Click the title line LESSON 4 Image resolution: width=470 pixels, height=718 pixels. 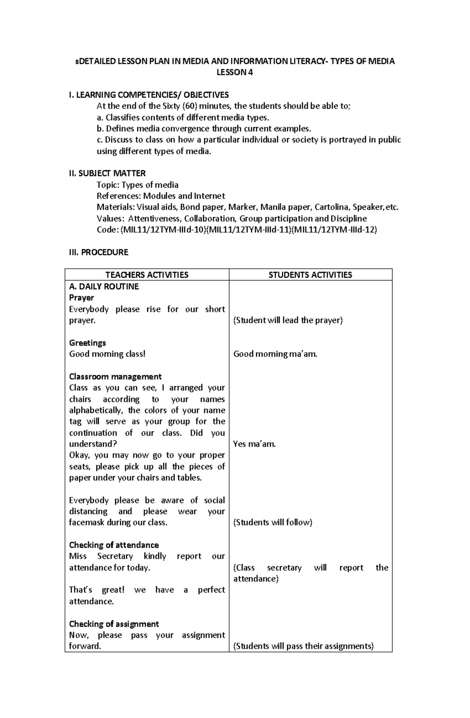[235, 72]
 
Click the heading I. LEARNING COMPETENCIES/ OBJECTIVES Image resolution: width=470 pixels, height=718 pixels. [149, 95]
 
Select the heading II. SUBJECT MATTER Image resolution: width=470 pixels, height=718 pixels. [107, 173]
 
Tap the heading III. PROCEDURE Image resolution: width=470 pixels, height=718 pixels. [99, 252]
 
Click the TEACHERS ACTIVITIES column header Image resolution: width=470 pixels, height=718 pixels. [147, 275]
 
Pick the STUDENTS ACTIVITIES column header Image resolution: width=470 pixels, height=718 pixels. [310, 275]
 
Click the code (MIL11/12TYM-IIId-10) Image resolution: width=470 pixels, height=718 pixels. [163, 230]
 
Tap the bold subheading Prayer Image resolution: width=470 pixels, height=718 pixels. [81, 298]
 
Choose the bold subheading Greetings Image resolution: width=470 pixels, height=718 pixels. [87, 343]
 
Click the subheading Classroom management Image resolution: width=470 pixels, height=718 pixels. [115, 377]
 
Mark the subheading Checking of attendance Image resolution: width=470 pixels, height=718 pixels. [114, 545]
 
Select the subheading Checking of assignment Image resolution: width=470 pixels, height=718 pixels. [114, 624]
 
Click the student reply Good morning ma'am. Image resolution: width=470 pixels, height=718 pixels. [275, 354]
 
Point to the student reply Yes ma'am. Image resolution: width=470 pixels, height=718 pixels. [255, 444]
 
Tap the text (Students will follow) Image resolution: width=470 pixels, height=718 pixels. [273, 523]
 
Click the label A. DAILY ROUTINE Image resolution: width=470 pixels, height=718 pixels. [104, 286]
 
